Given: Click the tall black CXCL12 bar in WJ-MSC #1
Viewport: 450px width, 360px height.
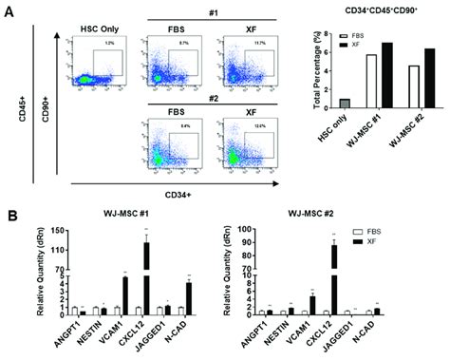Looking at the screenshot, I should [145, 279].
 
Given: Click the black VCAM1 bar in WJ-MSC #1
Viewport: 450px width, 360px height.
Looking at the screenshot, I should [124, 294].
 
